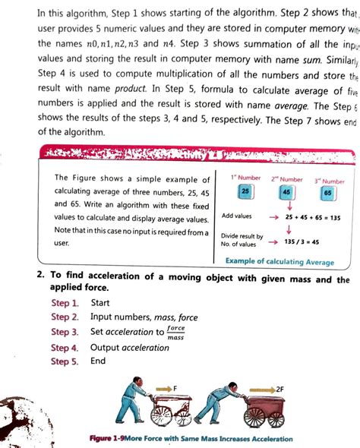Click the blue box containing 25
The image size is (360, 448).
coord(244,192)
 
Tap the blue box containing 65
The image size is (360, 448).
coord(327,194)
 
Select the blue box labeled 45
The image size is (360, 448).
coord(286,194)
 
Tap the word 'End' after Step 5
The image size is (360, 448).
coord(99,361)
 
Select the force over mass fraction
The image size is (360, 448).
coord(175,332)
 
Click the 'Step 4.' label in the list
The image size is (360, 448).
coord(65,348)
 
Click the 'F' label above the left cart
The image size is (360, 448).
coord(175,388)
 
